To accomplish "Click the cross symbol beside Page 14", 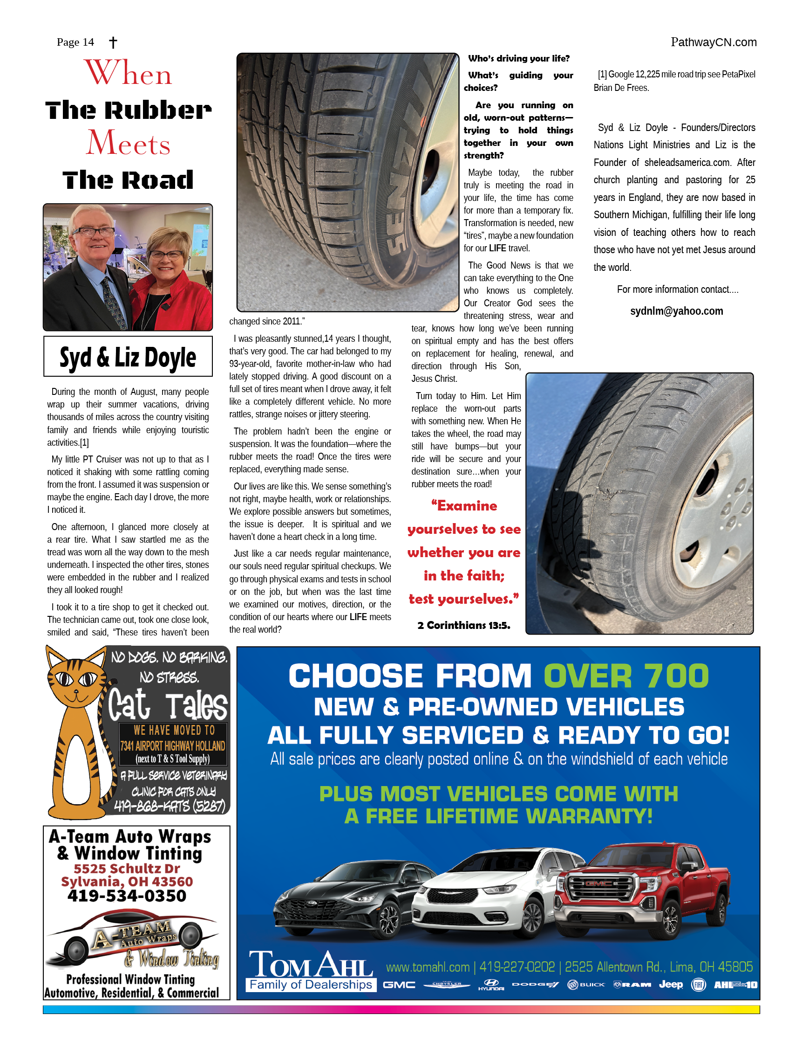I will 113,43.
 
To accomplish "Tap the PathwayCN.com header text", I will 713,42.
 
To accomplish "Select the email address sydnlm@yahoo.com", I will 676,311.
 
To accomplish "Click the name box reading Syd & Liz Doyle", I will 128,357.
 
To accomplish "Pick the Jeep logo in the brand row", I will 670,985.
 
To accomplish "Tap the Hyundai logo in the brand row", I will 491,985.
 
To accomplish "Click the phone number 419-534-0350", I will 127,896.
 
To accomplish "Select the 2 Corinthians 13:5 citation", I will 463,625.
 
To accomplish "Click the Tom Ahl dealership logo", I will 311,970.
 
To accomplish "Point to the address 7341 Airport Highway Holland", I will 172,745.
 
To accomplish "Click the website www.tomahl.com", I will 428,966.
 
